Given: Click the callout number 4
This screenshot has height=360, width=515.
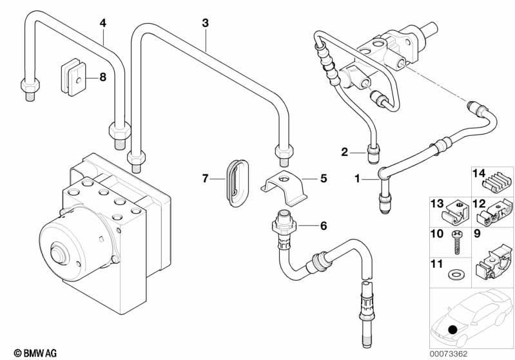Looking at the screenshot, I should click(102, 23).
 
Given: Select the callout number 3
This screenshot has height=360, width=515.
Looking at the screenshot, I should click(205, 23).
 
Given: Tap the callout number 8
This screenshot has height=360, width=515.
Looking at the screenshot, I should click(101, 77).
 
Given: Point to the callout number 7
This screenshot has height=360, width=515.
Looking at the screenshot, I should click(206, 178).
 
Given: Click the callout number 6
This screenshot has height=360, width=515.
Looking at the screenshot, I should click(324, 225).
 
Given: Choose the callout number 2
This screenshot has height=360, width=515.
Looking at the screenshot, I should click(345, 152).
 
